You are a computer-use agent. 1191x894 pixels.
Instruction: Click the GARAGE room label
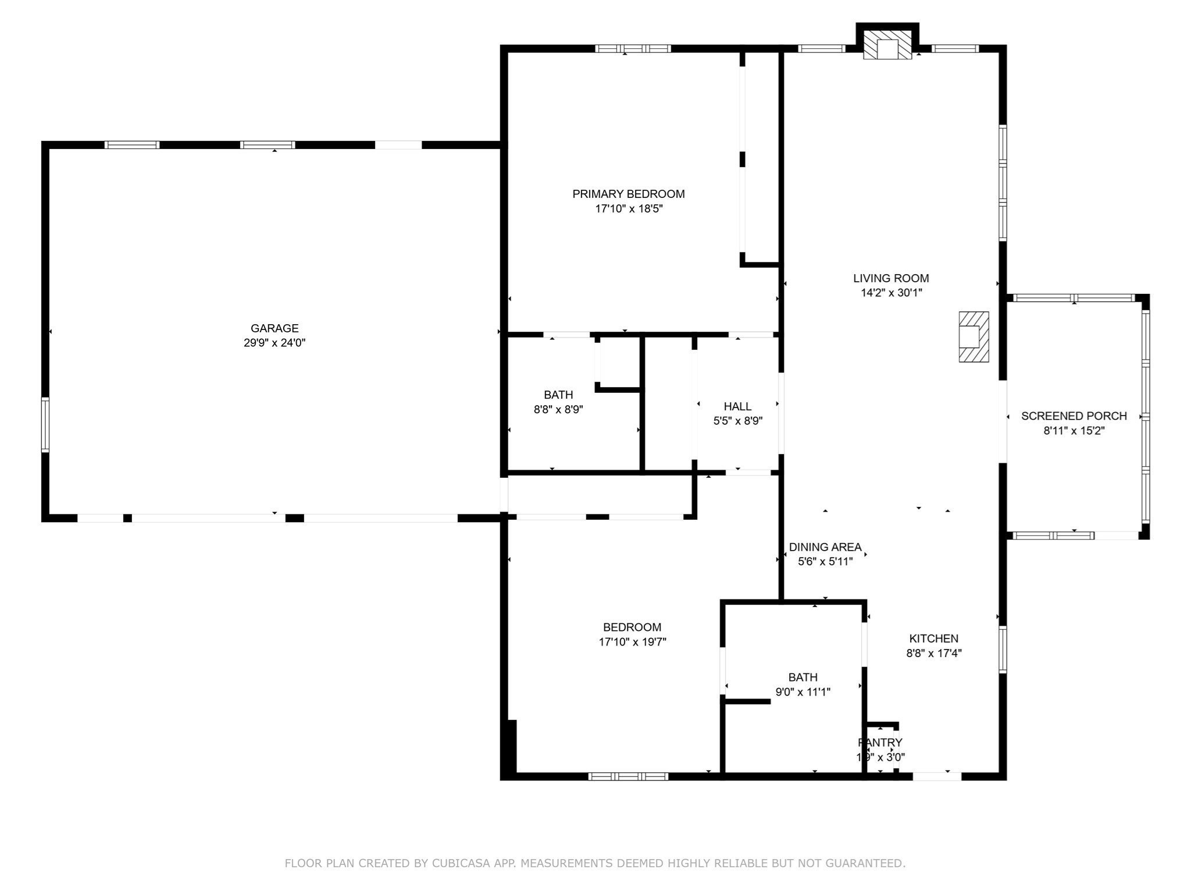(x=274, y=328)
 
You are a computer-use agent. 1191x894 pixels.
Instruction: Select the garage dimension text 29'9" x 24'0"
(x=274, y=343)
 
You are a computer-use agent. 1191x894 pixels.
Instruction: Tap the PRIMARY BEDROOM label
(x=628, y=194)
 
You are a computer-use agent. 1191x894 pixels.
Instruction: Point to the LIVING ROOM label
(x=891, y=278)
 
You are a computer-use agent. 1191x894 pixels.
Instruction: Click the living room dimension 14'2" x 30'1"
(x=891, y=293)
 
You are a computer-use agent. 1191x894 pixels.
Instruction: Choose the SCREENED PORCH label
(x=1074, y=416)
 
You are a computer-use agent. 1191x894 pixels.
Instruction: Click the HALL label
(x=737, y=406)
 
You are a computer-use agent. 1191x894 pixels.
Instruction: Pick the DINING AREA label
(x=825, y=547)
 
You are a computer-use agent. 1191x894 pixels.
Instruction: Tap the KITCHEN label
(x=933, y=638)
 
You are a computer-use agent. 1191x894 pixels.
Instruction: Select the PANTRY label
(x=880, y=743)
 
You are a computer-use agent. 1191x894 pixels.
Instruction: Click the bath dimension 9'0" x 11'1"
(x=803, y=692)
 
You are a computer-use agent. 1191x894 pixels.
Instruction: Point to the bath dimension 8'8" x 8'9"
(x=558, y=409)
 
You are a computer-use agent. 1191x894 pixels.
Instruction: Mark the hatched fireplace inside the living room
(x=974, y=337)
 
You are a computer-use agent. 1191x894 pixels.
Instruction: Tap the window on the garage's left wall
(x=45, y=424)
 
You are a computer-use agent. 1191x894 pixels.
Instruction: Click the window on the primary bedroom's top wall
(x=633, y=49)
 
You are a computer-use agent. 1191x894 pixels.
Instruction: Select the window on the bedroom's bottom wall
(x=628, y=776)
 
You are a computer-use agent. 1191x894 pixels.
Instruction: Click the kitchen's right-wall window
(x=1003, y=649)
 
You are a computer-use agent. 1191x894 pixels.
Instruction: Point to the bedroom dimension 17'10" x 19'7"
(x=632, y=642)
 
